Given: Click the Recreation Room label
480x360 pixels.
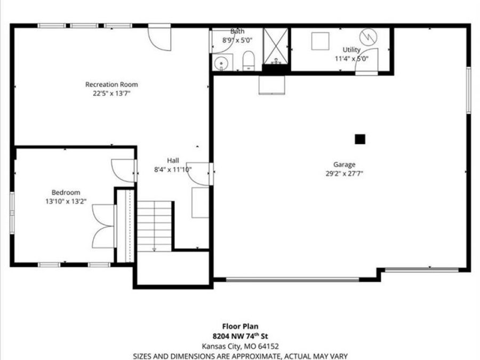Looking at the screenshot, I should click(x=111, y=84).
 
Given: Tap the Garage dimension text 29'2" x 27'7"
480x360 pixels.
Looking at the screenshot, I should click(x=345, y=173).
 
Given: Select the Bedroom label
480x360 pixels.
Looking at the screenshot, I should click(x=66, y=193).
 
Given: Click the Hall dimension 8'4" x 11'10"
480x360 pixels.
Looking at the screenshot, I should click(x=172, y=170).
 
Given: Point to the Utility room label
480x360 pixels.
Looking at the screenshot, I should click(x=351, y=50).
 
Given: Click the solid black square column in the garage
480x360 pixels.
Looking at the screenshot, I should click(x=360, y=139).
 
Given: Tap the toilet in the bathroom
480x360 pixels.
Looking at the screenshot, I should click(x=248, y=61).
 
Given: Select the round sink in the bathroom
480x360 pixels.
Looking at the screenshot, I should click(x=222, y=64).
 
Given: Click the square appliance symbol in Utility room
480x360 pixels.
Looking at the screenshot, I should click(x=321, y=41).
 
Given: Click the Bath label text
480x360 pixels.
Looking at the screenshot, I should click(x=237, y=31).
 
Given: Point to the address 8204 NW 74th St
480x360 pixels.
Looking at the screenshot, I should click(x=239, y=337).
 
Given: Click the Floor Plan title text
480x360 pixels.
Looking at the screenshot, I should click(x=239, y=327).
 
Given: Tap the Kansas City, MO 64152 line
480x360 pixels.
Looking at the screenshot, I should click(x=239, y=346).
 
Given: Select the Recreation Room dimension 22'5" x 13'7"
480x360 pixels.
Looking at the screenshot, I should click(x=111, y=93).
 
